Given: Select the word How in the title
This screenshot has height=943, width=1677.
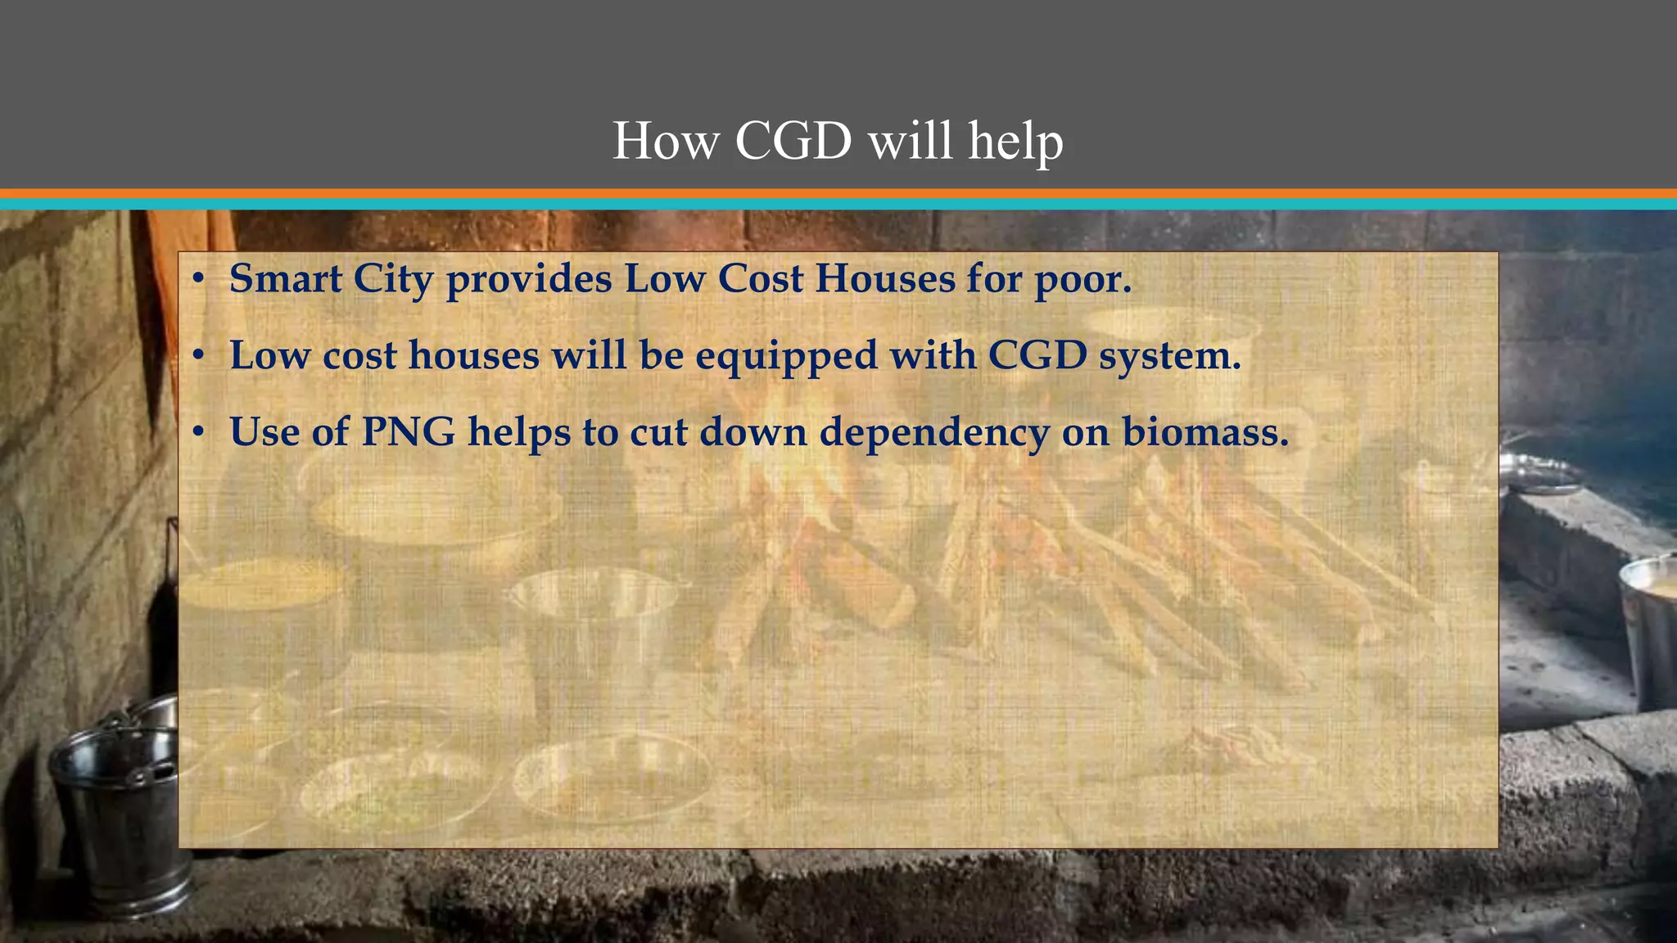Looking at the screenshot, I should (666, 141).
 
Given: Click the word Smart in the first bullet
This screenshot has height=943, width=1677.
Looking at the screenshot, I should (286, 278).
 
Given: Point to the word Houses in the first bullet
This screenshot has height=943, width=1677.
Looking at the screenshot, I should (884, 278).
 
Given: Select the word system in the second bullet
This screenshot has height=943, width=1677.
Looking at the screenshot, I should (1169, 356).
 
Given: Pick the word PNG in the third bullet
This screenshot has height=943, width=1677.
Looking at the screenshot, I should (409, 431).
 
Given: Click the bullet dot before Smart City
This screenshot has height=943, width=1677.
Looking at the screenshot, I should (198, 280).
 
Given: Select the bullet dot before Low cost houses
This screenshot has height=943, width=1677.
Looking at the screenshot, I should (198, 356).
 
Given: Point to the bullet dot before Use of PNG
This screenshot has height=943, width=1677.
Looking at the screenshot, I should (198, 432).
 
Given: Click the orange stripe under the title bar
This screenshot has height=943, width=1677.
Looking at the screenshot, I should (838, 194).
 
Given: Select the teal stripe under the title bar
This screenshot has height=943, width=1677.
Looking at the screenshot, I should (838, 204).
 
